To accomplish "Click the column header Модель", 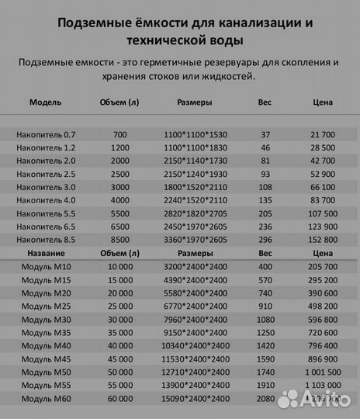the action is [45, 102].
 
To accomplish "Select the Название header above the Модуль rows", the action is [45, 253].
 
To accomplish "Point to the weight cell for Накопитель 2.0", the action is [265, 160].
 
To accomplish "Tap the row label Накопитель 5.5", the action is [47, 213].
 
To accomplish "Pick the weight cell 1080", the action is [265, 319].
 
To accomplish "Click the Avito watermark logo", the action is [317, 399].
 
